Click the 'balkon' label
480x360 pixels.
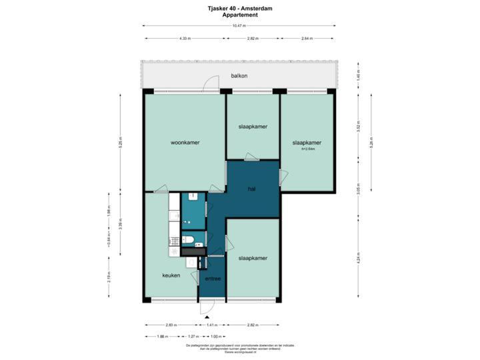239,75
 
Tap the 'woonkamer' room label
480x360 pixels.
185,142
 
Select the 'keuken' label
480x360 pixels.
171,275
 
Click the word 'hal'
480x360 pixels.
251,189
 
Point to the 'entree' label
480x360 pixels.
213,279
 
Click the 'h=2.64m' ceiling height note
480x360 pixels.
307,149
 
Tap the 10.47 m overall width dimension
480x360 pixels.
239,26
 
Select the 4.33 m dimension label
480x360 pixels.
185,38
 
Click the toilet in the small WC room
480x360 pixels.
189,239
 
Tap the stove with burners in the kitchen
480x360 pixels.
175,251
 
